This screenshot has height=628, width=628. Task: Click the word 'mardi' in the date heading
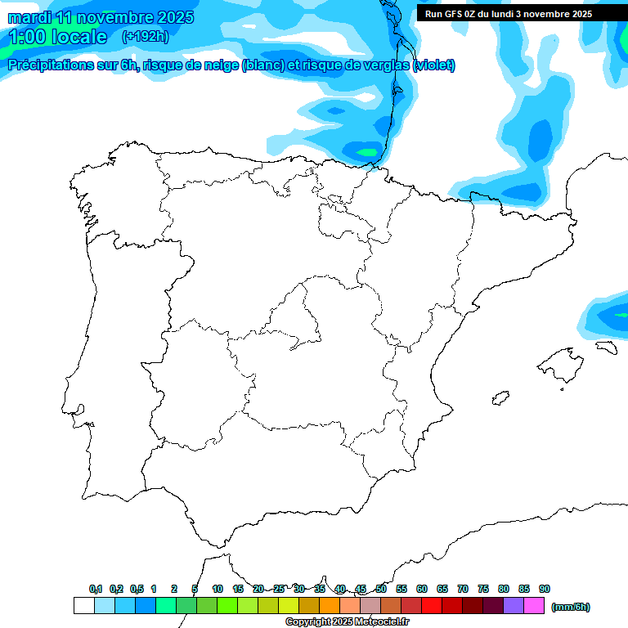[30, 17]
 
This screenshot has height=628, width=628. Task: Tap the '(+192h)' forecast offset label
[145, 36]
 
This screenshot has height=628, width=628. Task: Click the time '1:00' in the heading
[27, 37]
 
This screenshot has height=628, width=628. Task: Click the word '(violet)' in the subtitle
[434, 65]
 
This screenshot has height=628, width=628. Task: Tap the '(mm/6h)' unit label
[571, 607]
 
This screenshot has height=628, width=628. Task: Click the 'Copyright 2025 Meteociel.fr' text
[348, 622]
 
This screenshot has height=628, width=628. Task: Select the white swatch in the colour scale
[83, 605]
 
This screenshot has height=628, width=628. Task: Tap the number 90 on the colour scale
[545, 589]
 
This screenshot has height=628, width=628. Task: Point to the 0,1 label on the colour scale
[96, 589]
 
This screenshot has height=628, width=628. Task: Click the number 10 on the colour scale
[218, 589]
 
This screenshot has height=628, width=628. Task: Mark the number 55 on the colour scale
[401, 589]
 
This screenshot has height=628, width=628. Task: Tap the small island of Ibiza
[500, 398]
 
